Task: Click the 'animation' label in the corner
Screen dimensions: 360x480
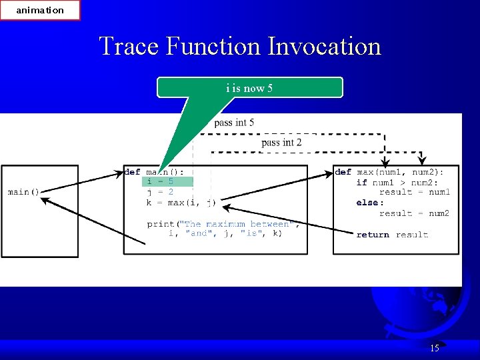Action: click(x=40, y=10)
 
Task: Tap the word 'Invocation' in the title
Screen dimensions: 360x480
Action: click(x=324, y=47)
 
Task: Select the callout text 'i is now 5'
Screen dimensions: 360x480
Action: click(x=249, y=88)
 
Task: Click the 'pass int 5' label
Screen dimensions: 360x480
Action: click(x=234, y=123)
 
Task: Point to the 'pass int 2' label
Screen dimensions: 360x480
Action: click(x=281, y=143)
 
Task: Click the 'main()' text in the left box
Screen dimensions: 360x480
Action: click(x=23, y=192)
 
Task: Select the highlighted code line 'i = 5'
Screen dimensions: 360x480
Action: click(x=161, y=181)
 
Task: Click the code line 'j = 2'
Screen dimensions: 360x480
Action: click(x=160, y=192)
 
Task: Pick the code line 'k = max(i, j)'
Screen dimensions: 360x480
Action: click(x=181, y=203)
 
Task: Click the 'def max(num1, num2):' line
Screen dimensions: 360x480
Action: click(x=389, y=172)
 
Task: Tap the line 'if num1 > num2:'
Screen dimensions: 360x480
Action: click(x=397, y=182)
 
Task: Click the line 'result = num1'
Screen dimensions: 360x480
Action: click(x=414, y=192)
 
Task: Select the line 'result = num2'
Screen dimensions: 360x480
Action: click(x=414, y=213)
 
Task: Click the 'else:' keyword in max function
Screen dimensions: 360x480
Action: click(x=370, y=203)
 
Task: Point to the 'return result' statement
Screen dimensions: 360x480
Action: click(x=392, y=235)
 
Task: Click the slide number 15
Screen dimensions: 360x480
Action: click(x=435, y=348)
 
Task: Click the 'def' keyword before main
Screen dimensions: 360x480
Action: click(x=132, y=172)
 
